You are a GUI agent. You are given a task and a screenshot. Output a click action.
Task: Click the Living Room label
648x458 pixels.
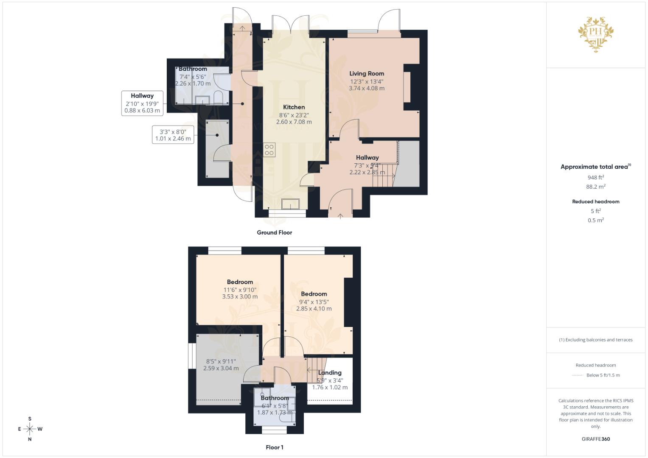tap(367, 73)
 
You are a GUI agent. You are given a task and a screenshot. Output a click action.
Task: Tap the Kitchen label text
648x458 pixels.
tap(294, 107)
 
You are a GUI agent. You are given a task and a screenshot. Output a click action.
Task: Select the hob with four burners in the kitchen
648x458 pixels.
tap(269, 150)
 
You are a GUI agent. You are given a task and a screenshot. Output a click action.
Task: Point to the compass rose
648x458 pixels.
tap(30, 429)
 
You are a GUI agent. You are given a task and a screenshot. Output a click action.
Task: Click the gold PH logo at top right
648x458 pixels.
tap(596, 34)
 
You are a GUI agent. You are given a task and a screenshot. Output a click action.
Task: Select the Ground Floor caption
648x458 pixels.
tap(274, 232)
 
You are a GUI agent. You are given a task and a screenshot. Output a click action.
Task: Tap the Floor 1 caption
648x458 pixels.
tap(274, 447)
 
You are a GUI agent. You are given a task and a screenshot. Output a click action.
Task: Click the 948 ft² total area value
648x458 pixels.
tap(595, 178)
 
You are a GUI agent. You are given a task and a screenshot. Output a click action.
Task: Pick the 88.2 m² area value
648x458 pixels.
tap(595, 187)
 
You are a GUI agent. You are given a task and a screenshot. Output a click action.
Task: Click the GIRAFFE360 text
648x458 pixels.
tap(595, 439)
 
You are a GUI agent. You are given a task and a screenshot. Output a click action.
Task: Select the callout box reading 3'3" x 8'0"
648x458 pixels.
tap(173, 135)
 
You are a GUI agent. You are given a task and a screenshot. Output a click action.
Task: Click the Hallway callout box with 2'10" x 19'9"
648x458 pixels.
tap(142, 103)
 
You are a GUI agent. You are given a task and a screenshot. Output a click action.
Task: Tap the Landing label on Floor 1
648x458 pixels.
tap(330, 373)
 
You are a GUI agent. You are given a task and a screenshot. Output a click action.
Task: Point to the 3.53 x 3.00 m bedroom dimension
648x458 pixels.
tap(240, 297)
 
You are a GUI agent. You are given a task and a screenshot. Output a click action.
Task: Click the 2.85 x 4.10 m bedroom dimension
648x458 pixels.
tap(314, 309)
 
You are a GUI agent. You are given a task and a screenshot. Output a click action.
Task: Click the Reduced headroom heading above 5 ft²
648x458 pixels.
tap(595, 201)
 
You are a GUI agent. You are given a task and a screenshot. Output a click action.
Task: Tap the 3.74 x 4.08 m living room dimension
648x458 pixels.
tap(367, 89)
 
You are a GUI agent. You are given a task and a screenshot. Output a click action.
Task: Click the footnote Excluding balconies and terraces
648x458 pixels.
tap(595, 340)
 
